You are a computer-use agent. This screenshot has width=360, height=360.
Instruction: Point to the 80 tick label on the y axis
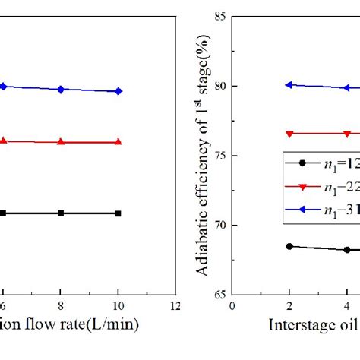click(x=222, y=86)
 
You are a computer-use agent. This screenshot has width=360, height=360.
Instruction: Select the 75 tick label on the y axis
click(x=222, y=156)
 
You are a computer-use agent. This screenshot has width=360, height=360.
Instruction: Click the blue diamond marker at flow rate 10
click(x=118, y=91)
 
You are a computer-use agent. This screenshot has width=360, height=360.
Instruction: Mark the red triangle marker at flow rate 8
click(x=61, y=142)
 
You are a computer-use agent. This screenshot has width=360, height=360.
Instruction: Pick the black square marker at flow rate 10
click(x=118, y=213)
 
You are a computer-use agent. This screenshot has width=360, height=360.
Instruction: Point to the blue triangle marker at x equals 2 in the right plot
click(x=289, y=85)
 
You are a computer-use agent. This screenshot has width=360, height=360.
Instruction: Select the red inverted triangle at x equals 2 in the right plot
click(x=289, y=134)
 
